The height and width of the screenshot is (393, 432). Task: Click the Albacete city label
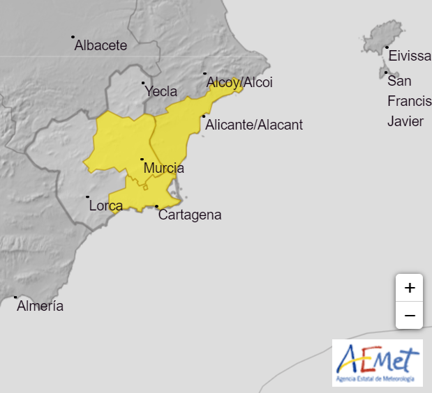(100, 46)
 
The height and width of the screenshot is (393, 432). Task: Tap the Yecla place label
(161, 91)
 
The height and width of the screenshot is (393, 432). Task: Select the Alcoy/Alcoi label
(239, 83)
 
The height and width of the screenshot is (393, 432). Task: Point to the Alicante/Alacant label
(254, 125)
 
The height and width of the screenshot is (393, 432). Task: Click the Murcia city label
(163, 168)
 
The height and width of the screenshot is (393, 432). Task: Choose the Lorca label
(106, 206)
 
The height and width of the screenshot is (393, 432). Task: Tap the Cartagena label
(190, 215)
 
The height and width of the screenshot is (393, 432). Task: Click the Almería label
(40, 306)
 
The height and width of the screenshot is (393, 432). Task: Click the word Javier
(405, 121)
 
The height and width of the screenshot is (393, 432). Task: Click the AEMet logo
(378, 363)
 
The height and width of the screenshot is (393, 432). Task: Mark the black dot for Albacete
(73, 37)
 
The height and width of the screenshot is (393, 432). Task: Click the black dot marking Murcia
(142, 159)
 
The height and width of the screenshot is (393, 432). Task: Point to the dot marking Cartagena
(156, 206)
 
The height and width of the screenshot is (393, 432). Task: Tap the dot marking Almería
(15, 297)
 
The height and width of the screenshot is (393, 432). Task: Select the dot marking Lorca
(87, 196)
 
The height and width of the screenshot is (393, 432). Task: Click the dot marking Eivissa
(387, 47)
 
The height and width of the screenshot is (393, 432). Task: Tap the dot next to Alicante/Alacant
(204, 116)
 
